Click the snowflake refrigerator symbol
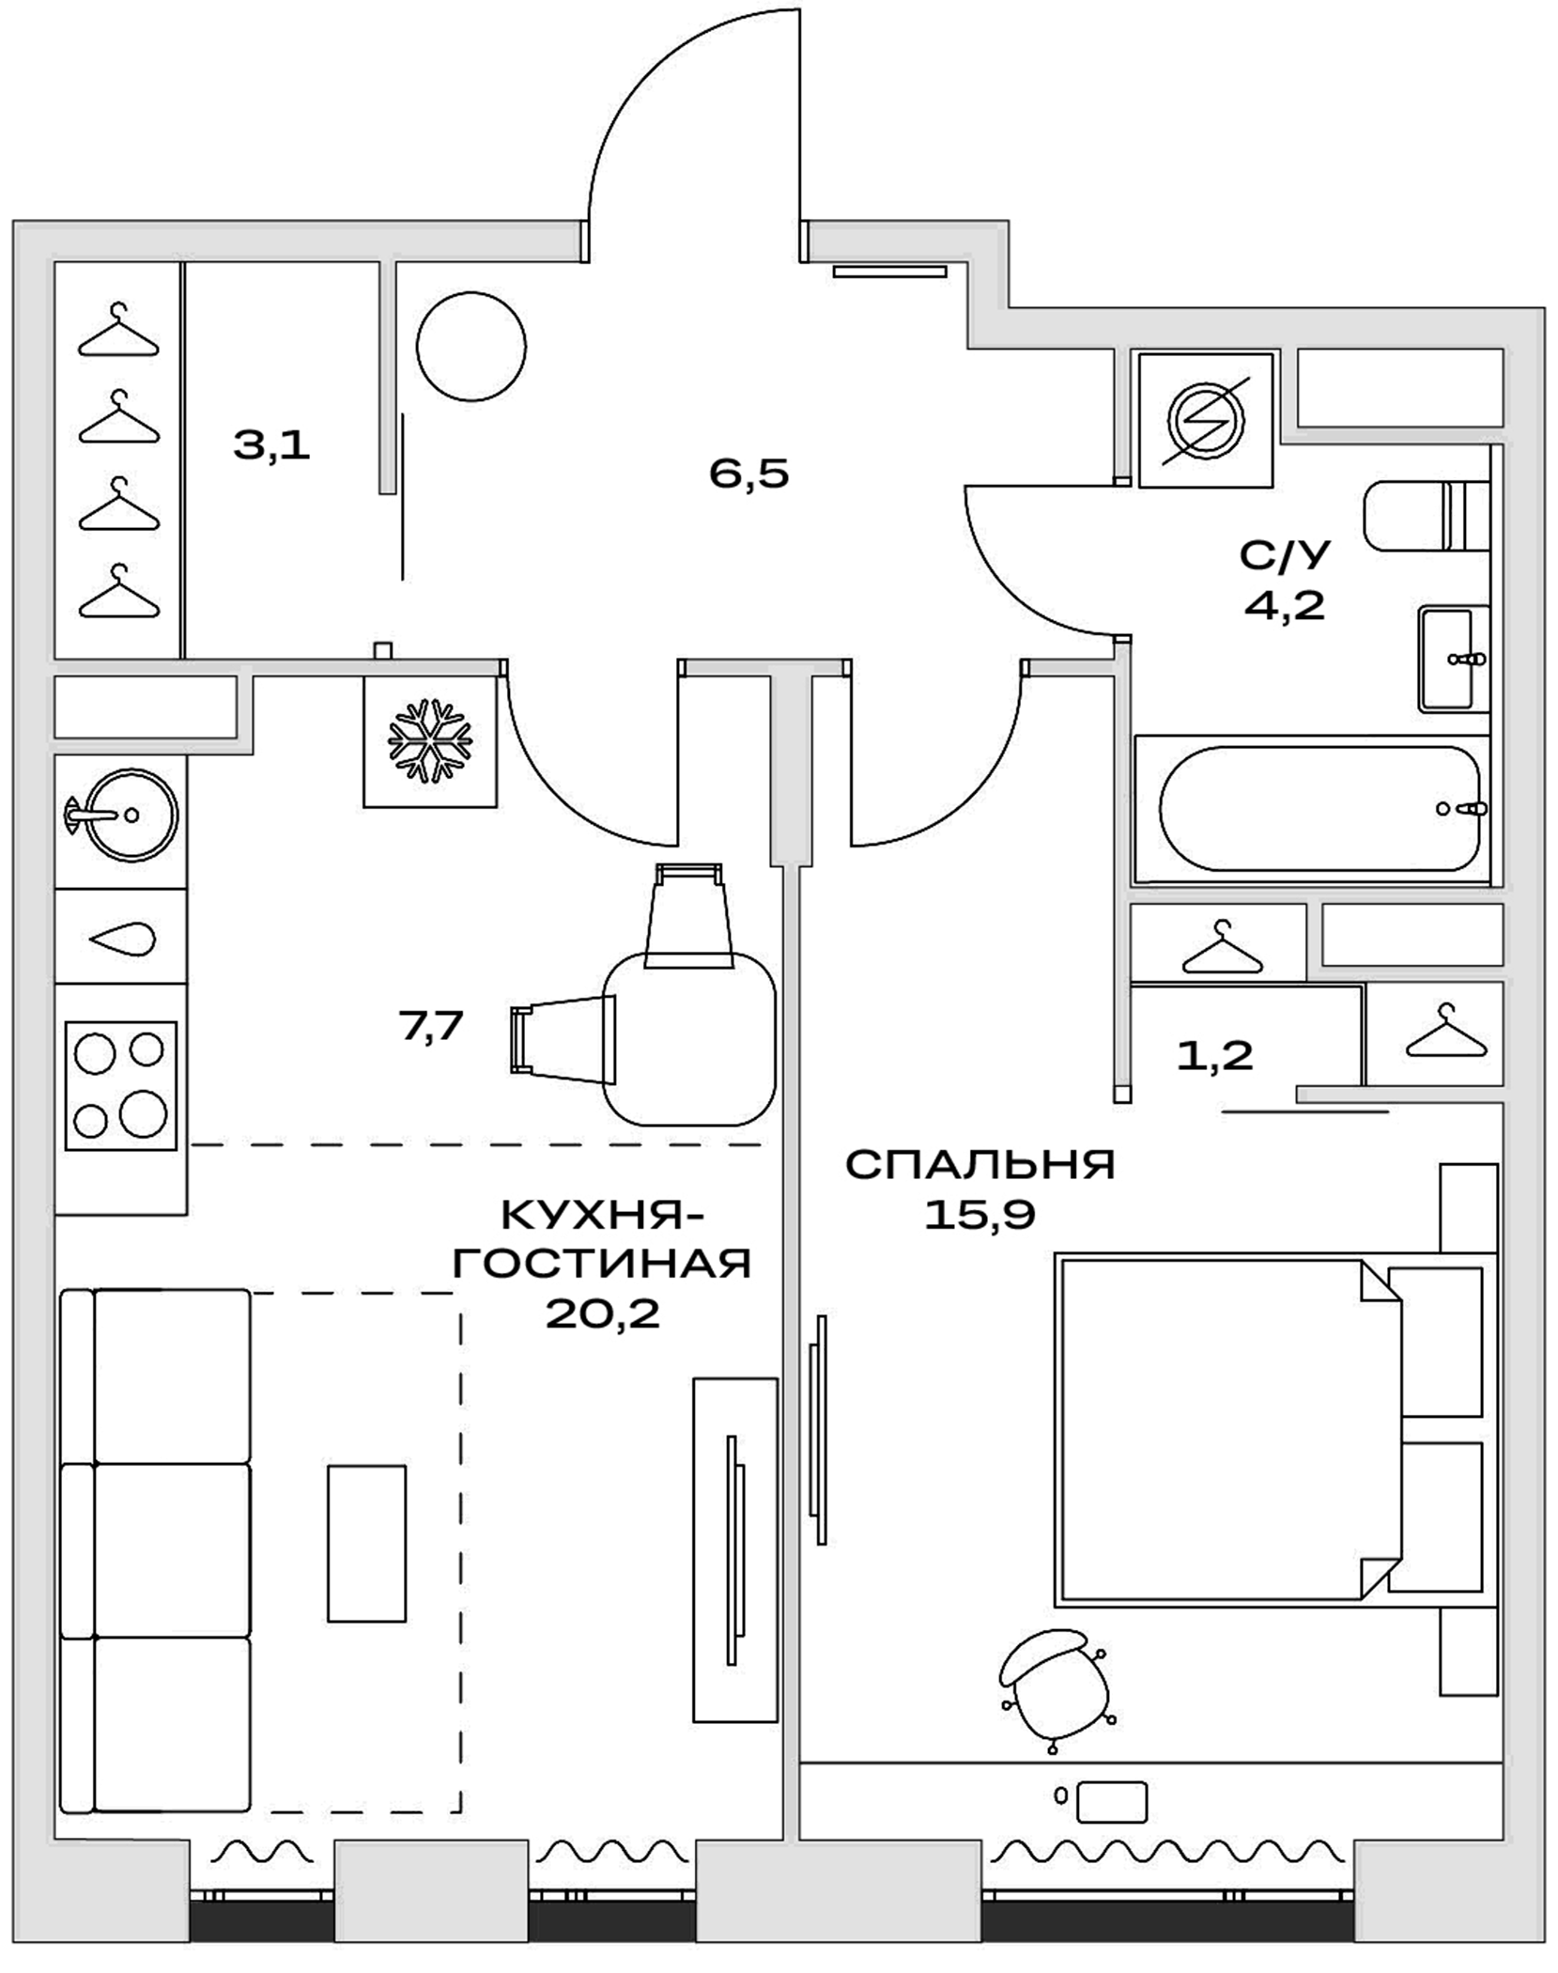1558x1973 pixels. click(430, 740)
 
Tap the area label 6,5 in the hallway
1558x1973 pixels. click(748, 474)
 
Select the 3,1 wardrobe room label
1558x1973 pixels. click(271, 444)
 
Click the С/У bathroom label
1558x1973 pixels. click(1285, 556)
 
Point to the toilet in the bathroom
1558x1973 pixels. click(1424, 516)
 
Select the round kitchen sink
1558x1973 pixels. click(121, 815)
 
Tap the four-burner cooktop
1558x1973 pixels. click(120, 1085)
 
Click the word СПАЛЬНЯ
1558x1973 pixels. click(980, 1165)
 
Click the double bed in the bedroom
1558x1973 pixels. click(1221, 1428)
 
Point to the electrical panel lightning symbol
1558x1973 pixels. click(1206, 419)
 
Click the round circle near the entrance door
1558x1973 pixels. click(470, 347)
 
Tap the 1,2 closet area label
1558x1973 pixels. click(1214, 1056)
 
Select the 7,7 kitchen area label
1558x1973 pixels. click(431, 1025)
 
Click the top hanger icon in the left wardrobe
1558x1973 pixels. click(118, 333)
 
